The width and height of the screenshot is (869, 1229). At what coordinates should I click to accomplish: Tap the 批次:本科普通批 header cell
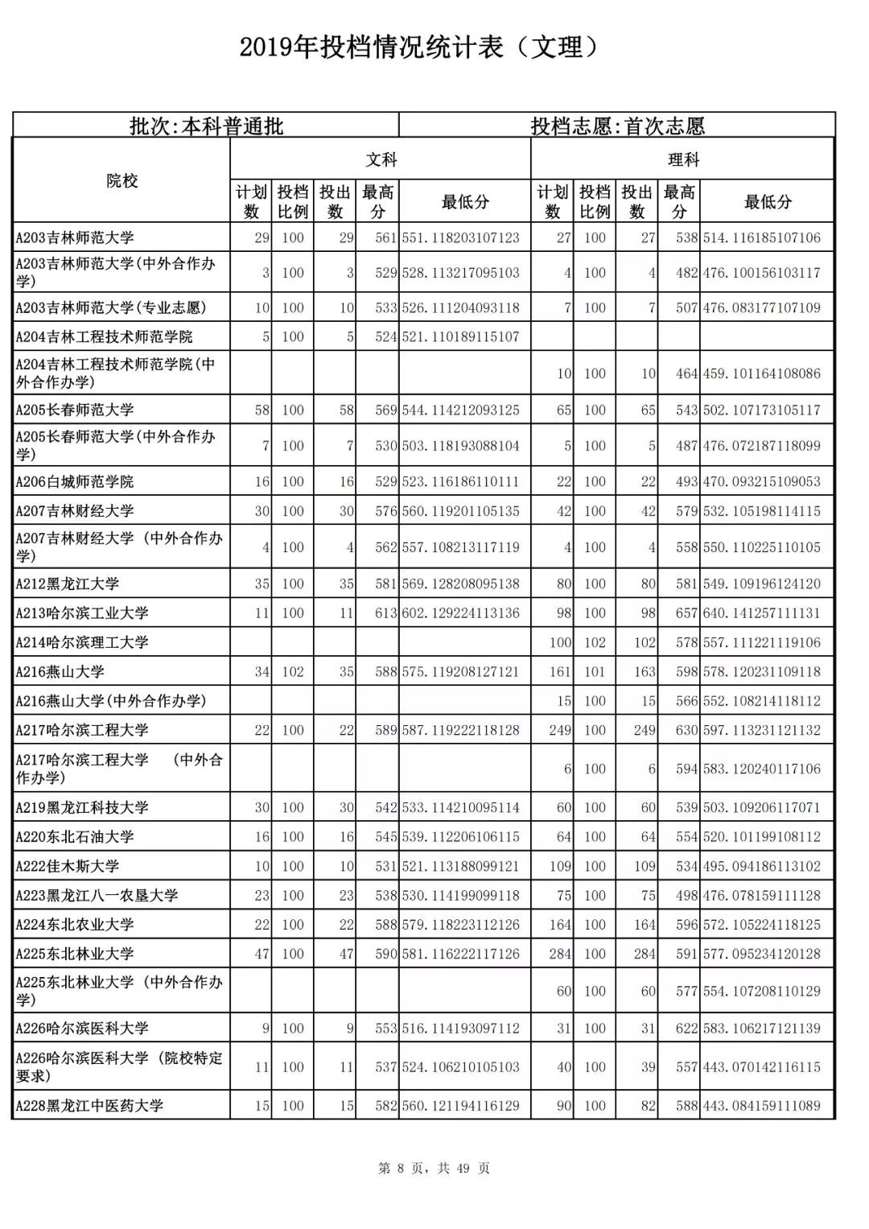206,126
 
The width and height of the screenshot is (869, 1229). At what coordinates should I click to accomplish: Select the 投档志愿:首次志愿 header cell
617,126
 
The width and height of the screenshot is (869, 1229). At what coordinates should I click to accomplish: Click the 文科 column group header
381,159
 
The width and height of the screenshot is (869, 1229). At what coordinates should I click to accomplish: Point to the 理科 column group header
682,159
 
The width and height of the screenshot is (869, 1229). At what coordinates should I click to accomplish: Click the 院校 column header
122,181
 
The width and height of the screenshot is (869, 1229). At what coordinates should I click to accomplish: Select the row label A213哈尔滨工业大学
82,613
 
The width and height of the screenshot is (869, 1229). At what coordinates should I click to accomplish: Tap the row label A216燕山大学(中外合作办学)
111,701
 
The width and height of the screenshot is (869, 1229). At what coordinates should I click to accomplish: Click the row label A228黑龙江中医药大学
89,1106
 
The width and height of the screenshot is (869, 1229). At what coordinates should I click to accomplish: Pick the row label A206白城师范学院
75,482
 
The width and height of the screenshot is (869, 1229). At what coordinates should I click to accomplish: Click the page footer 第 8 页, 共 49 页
434,1169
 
